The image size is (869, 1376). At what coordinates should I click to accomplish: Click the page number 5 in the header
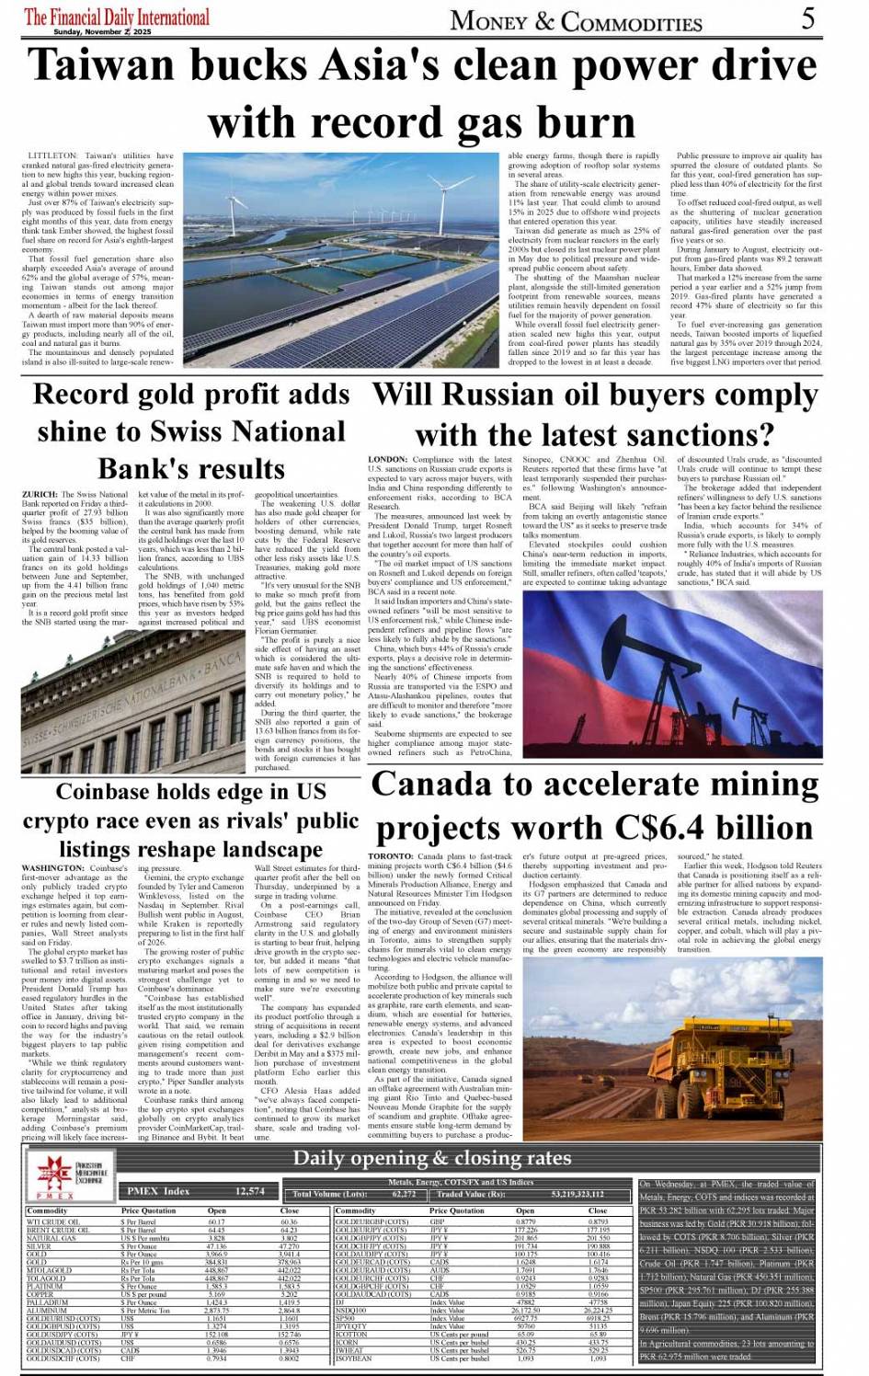pos(807,17)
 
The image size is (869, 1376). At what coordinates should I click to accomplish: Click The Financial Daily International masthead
pos(117,17)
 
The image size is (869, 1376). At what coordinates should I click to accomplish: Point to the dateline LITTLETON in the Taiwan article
pos(51,156)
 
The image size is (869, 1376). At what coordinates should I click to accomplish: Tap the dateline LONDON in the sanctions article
pos(387,459)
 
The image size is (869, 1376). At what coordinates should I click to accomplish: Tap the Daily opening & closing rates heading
pos(432,1158)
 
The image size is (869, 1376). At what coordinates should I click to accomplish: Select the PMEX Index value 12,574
pos(249,1191)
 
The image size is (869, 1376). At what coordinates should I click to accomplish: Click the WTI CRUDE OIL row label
pos(58,1221)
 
